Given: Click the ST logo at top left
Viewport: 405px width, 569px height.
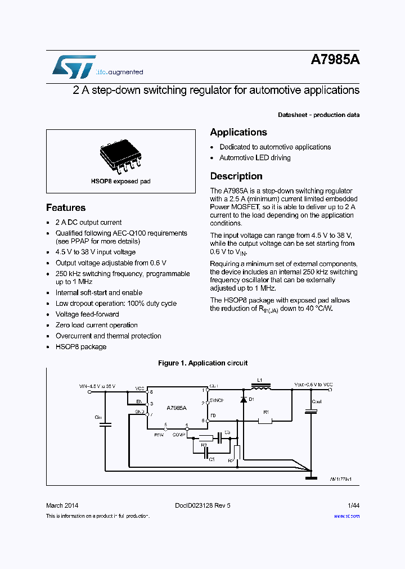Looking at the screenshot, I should [x=74, y=67].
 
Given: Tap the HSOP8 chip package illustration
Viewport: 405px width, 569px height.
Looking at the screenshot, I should [x=121, y=156].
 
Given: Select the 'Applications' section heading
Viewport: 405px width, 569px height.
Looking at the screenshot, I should [x=238, y=132].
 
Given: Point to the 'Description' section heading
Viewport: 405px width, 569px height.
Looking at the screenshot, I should [x=236, y=176].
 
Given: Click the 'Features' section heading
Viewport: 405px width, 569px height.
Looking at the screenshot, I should [x=66, y=207].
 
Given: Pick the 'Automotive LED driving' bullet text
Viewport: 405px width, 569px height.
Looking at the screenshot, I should [x=255, y=158].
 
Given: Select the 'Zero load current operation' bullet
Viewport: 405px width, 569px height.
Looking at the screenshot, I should [x=96, y=325].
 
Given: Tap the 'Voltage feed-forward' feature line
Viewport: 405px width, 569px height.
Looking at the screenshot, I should [x=87, y=314].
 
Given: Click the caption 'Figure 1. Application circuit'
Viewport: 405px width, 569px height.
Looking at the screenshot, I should [x=202, y=363].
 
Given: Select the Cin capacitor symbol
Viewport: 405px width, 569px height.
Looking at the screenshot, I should [x=105, y=425].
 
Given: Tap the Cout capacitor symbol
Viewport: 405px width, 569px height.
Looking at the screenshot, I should [x=310, y=412].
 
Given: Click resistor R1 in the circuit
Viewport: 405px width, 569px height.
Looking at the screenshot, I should [x=264, y=420].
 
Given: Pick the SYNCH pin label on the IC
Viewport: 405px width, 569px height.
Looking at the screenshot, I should [x=217, y=400].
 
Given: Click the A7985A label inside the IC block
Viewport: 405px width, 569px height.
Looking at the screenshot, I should [x=177, y=407].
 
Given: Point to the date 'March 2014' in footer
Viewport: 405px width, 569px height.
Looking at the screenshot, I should [x=62, y=505].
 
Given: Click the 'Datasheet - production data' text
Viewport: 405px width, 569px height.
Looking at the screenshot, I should [x=318, y=115].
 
